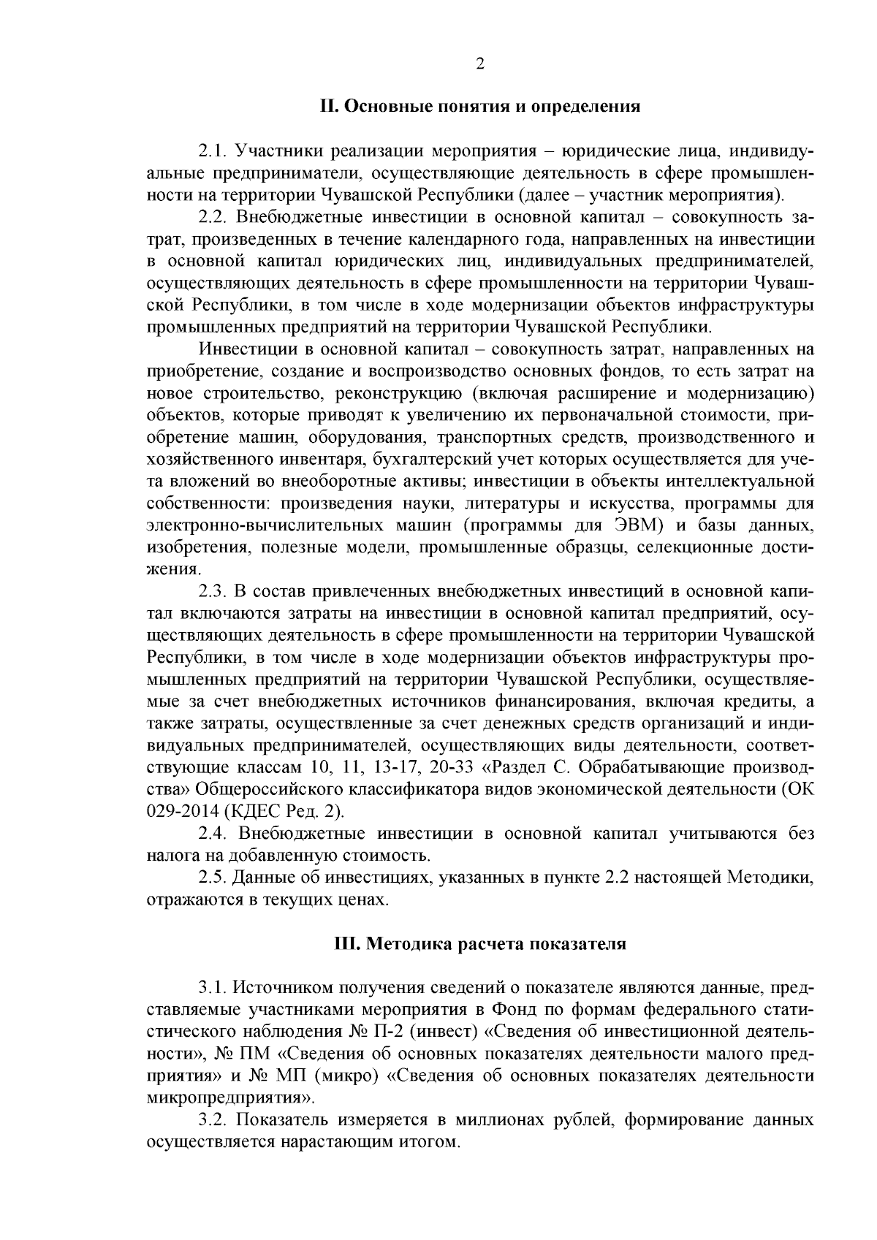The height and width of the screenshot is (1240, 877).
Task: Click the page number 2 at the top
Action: pyautogui.click(x=480, y=64)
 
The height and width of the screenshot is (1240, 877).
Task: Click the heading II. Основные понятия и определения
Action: pyautogui.click(x=480, y=107)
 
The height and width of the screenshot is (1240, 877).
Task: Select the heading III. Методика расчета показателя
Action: pyautogui.click(x=480, y=943)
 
